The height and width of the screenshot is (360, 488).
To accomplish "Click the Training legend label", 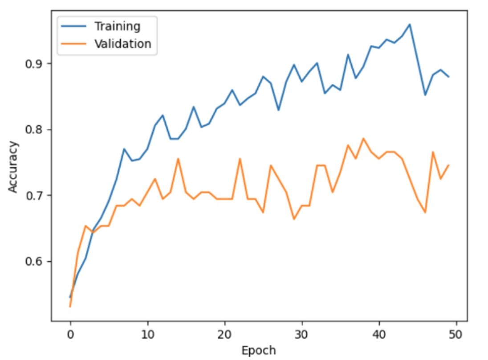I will tap(117, 26).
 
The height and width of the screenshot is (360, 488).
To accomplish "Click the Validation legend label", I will tap(122, 44).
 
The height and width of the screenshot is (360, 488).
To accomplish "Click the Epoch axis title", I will tap(259, 350).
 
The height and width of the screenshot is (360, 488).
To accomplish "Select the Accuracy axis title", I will tap(14, 167).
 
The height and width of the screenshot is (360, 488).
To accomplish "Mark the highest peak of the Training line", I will tap(410, 24).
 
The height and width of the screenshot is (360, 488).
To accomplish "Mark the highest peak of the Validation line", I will tap(363, 138).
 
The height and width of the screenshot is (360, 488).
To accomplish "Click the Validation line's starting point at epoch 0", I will tap(70, 307).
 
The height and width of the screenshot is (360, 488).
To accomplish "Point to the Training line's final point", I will tap(449, 77).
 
